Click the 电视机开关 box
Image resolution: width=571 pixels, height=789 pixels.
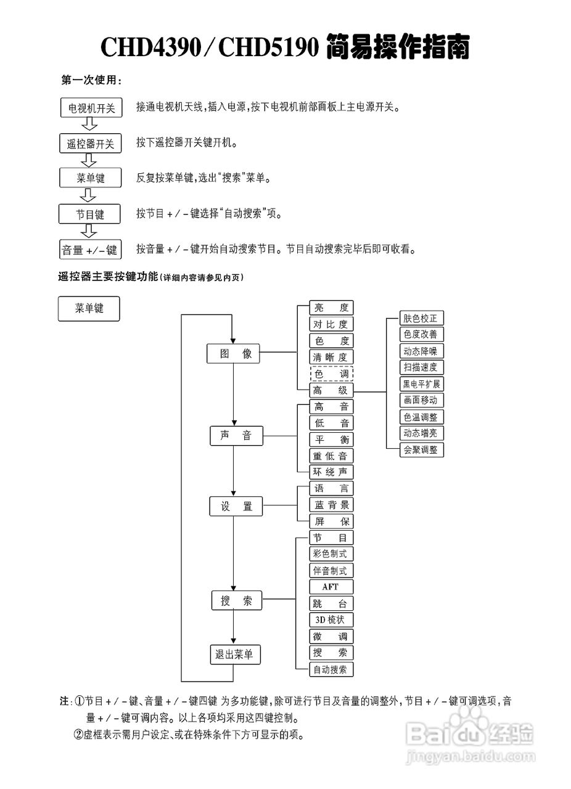(x=91, y=108)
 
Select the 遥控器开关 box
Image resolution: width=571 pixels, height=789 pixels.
(x=91, y=144)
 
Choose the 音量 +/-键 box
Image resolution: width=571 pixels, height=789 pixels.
(x=89, y=250)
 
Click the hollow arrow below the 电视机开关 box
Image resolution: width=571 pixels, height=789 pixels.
(x=90, y=125)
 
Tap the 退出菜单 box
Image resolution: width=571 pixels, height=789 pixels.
(x=233, y=655)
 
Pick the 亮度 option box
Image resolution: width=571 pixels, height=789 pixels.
(x=331, y=308)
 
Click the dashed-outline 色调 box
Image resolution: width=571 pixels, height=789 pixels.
(x=331, y=374)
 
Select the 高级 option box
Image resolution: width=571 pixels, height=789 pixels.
(x=331, y=390)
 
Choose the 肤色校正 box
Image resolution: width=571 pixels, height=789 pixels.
(x=421, y=319)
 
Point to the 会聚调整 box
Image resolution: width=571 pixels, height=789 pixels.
(x=421, y=450)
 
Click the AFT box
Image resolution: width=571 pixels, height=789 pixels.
(x=331, y=587)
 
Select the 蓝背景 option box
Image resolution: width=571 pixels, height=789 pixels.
(x=331, y=505)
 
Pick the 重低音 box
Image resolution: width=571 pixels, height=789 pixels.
(x=331, y=456)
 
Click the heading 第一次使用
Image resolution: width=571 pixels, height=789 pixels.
(x=91, y=80)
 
